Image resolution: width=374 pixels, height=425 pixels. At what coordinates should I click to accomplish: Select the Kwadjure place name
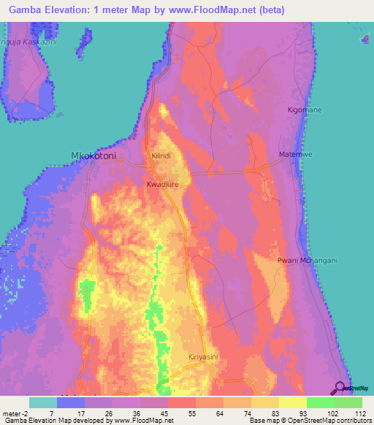162,185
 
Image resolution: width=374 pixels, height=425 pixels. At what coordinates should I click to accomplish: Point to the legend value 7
50,413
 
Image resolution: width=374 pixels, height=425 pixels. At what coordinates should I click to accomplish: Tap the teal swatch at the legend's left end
43,402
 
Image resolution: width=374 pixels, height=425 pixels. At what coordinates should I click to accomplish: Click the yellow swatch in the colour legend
292,402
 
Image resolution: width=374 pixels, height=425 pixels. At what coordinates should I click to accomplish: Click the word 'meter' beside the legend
12,413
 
